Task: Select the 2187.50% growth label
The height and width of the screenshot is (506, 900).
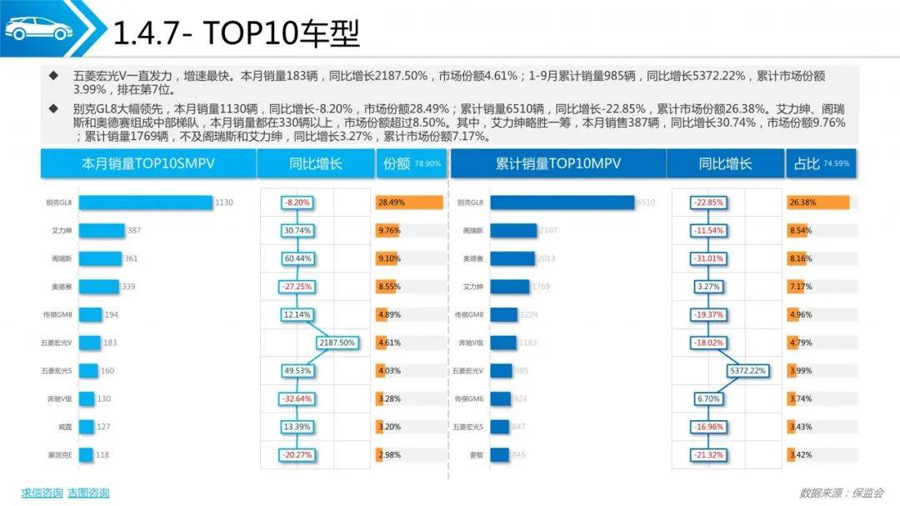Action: [x=337, y=343]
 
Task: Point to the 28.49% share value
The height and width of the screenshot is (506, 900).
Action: [x=391, y=203]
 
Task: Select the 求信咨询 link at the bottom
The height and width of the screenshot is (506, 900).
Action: [x=42, y=493]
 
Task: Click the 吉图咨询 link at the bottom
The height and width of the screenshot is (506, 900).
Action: [x=88, y=493]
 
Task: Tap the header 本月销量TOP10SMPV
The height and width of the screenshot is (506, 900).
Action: [x=148, y=164]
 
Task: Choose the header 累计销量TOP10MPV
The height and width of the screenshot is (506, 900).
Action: [x=557, y=164]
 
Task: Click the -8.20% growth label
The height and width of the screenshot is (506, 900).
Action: [x=297, y=203]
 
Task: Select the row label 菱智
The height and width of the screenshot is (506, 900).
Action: [x=477, y=455]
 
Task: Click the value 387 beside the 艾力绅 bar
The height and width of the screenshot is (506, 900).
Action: [x=134, y=231]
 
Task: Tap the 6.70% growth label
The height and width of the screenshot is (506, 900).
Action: [x=707, y=399]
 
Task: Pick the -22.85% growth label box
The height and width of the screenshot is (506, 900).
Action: [x=707, y=203]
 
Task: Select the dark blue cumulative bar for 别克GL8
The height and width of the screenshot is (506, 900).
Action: [x=562, y=203]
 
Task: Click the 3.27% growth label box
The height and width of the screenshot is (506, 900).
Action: [x=707, y=287]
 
